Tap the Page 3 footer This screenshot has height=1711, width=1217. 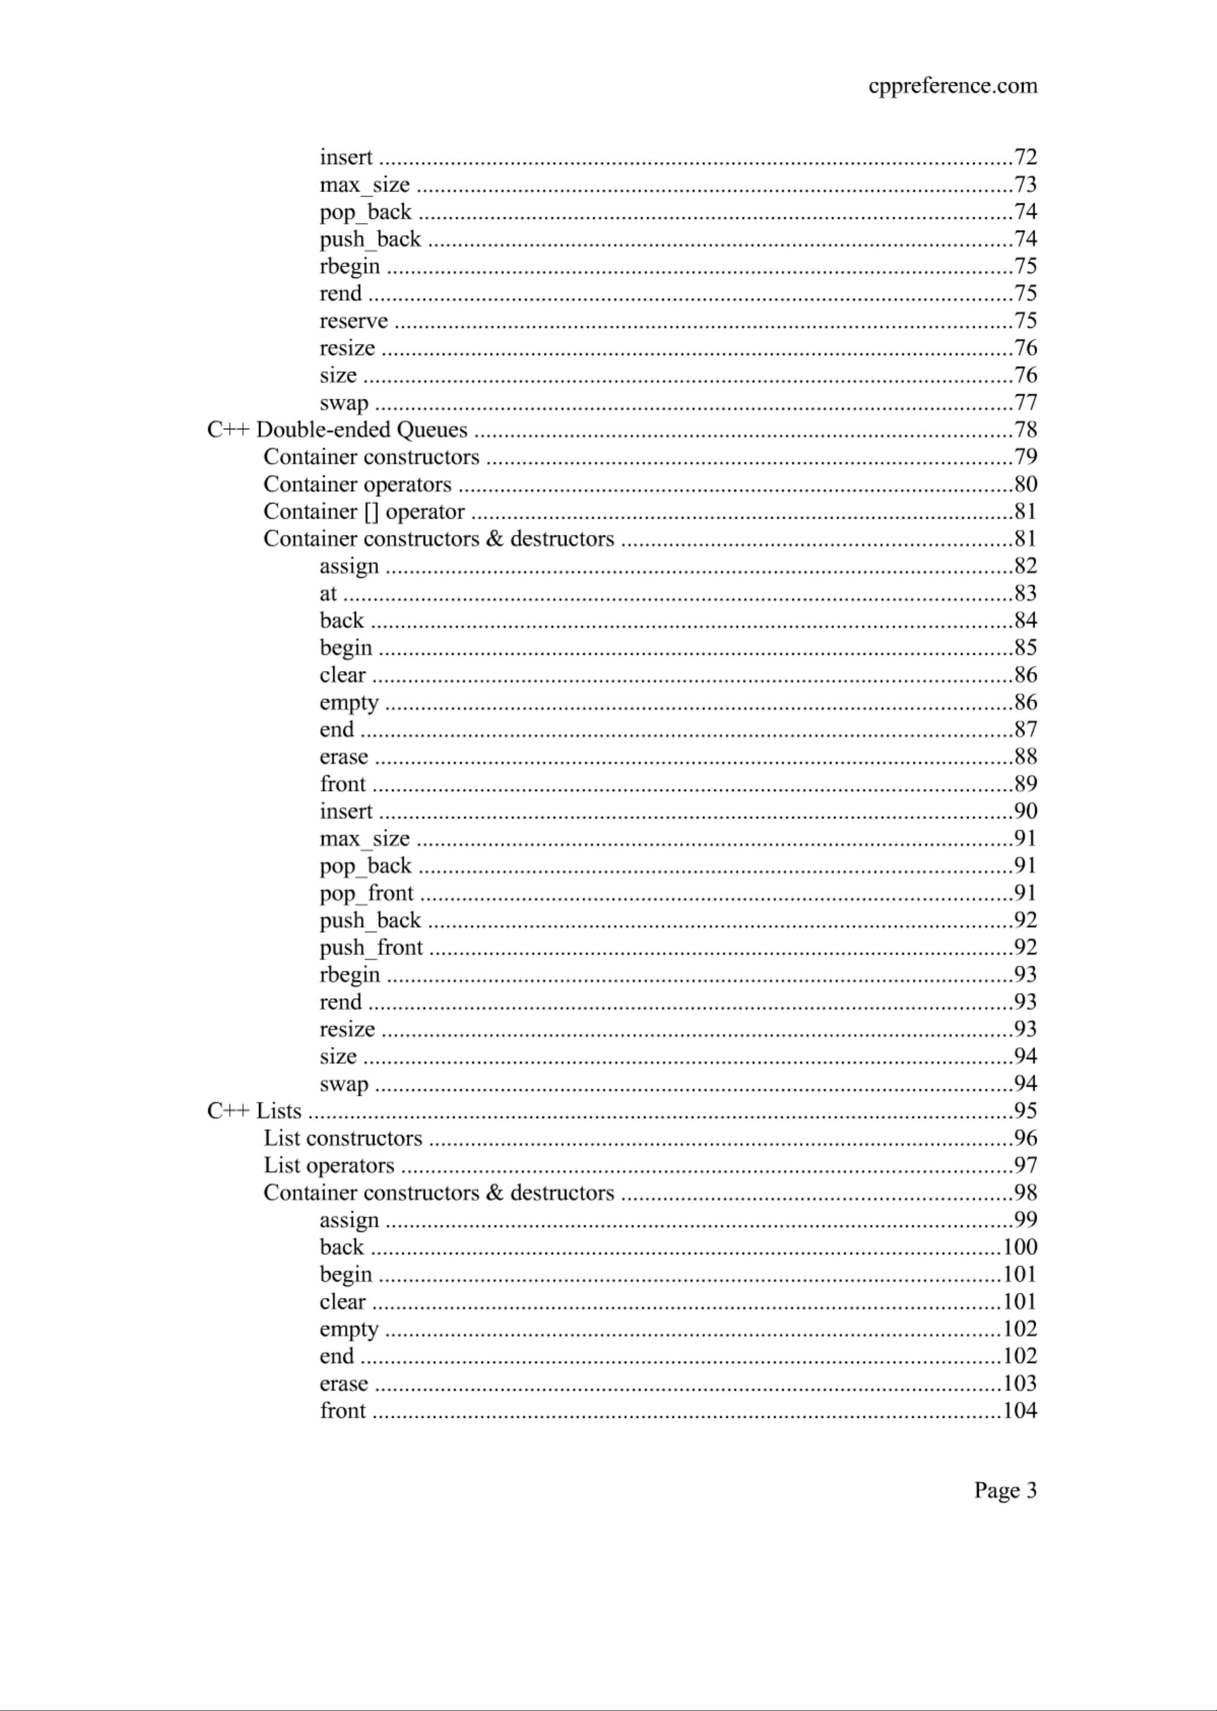point(1005,1490)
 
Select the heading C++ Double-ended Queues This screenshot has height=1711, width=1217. point(337,430)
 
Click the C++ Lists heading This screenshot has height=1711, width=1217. point(254,1111)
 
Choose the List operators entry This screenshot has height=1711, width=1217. point(328,1166)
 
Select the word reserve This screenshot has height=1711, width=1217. point(354,321)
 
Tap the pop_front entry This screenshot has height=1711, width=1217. point(367,893)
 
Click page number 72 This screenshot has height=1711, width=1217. point(1025,157)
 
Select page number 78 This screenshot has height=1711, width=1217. point(1025,430)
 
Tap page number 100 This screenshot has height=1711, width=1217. point(1020,1247)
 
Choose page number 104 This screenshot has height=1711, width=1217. point(1020,1410)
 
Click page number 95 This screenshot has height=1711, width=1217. point(1025,1111)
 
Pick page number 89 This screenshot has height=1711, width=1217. point(1025,784)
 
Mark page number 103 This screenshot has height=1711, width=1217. point(1020,1383)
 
